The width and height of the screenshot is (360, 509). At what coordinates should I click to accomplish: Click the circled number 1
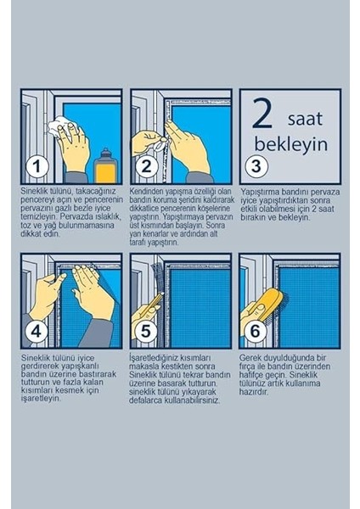(37, 166)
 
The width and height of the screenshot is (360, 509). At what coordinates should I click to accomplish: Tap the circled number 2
(147, 166)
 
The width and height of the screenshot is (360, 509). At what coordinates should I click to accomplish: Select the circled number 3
(256, 166)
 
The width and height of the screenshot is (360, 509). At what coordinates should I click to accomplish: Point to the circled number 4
(36, 332)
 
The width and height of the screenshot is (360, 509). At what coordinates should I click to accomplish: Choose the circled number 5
(145, 331)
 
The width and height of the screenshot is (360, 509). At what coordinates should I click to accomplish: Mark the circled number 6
(256, 331)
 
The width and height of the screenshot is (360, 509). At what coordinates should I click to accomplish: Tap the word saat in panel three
(305, 119)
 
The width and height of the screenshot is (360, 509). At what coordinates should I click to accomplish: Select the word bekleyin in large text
(290, 144)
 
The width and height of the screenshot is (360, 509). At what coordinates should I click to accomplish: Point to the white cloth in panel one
(61, 127)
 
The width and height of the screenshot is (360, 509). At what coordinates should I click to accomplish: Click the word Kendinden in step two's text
(146, 191)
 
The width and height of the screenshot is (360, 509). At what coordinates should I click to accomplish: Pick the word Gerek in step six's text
(249, 358)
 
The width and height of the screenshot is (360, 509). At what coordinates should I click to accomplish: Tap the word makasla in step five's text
(142, 366)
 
